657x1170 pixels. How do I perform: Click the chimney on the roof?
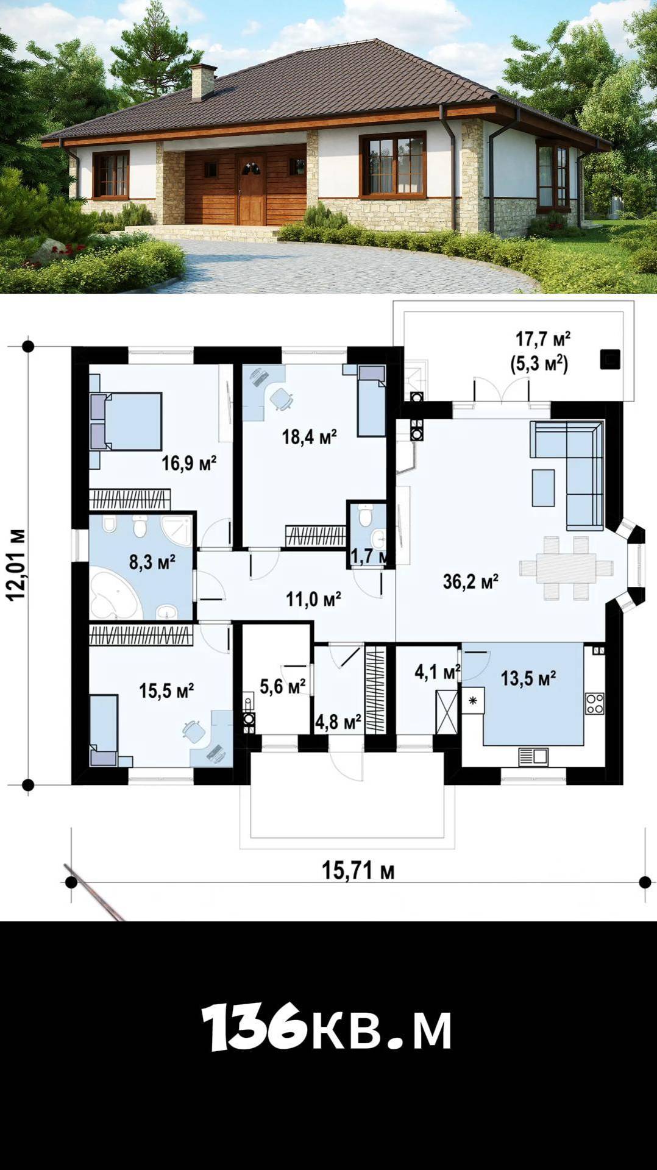coord(203,82)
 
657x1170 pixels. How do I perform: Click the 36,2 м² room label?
coord(471,581)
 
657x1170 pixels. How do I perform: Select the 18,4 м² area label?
coord(309,436)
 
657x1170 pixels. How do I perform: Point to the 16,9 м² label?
coord(189,463)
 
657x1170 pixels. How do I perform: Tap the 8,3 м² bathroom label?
coord(152,561)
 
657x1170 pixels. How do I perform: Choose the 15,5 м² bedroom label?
coord(166,690)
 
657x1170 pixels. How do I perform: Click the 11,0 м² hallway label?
coord(313,599)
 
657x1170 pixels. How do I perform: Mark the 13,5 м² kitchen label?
coord(528,678)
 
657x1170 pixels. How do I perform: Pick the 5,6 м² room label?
coord(283,687)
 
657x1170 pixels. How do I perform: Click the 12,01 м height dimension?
coord(16,565)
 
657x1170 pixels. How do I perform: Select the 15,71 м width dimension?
coord(358,870)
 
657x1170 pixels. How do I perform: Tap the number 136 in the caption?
coord(254,1027)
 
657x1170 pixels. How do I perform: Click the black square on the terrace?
coord(610,360)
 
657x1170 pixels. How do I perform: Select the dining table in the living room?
coord(566,568)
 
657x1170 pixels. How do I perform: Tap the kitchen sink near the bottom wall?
coord(533,757)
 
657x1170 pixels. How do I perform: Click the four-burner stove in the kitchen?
coord(595,704)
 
